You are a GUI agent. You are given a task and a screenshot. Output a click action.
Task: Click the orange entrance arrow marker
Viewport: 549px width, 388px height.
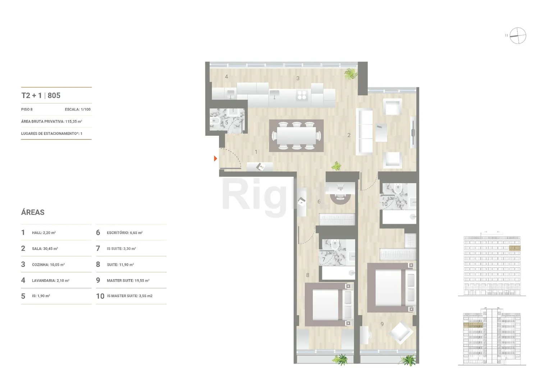215,158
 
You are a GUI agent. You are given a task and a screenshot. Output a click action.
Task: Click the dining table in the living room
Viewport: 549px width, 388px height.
296,135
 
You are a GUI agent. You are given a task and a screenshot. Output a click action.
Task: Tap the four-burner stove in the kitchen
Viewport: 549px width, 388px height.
302,95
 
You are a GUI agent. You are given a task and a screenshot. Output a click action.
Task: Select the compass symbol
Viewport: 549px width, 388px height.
518,36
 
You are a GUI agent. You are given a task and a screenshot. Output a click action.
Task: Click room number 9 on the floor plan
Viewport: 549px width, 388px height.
382,324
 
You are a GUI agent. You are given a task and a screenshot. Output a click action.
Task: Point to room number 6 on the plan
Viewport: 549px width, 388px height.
319,202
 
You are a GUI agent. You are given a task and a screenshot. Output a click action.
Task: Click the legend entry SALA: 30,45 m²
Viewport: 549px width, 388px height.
40,248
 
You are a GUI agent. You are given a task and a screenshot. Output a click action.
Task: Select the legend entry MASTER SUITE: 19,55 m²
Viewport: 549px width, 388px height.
123,280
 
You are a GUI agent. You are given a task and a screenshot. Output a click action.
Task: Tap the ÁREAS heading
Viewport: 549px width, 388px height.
33,212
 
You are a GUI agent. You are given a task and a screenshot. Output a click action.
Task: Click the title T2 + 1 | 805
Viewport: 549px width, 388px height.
41,95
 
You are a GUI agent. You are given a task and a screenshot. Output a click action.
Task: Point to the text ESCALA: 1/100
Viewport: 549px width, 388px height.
78,110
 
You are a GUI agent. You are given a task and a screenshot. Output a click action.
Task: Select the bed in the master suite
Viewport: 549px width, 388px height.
392,287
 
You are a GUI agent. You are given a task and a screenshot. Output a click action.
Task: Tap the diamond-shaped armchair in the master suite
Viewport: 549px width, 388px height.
401,333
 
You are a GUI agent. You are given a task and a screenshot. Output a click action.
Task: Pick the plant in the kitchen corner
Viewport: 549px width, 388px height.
351,74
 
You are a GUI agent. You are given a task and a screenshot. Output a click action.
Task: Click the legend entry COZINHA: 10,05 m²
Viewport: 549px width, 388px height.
43,264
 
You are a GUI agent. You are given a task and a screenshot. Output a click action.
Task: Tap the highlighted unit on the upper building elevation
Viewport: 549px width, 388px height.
515,248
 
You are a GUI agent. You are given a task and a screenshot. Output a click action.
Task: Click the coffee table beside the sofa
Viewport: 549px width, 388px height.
381,133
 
